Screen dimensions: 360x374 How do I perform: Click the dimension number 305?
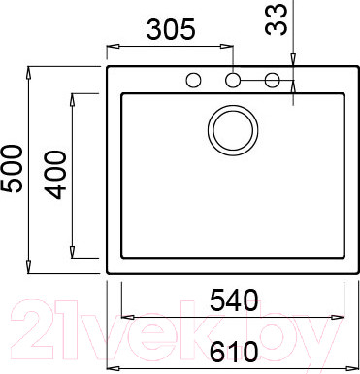pos(171,29)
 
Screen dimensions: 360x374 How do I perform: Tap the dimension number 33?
pos(276,19)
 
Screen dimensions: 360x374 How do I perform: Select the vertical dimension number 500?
pos(13,169)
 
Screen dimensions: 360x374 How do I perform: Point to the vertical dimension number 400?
pos(55,175)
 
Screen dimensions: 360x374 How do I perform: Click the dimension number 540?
pos(234,300)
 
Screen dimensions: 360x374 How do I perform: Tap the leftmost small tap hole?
pos(194,80)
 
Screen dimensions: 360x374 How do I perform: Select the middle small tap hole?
pos(233,80)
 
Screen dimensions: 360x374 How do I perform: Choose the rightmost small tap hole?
pos(272,80)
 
